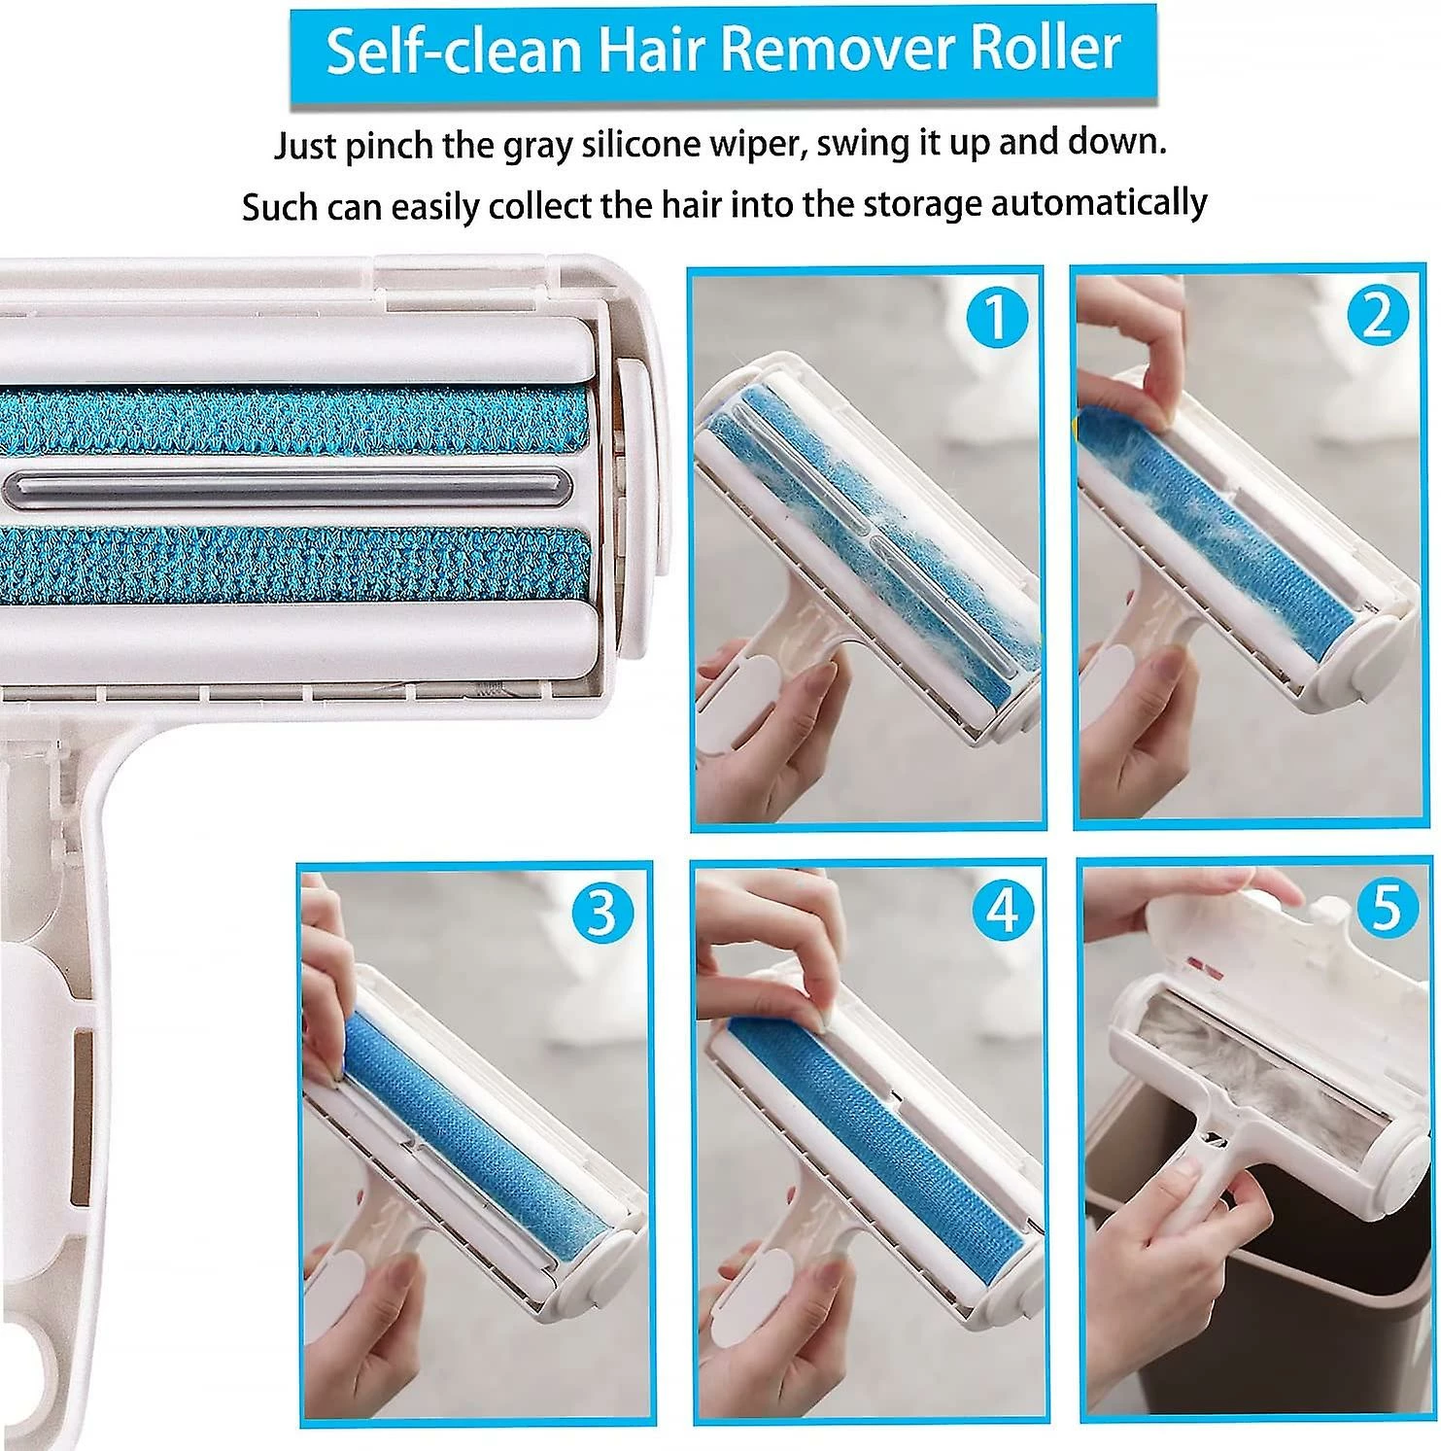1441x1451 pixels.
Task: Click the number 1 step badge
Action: pos(995,317)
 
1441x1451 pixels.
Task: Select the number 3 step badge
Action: pos(602,914)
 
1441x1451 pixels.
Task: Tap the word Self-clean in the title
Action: pos(453,51)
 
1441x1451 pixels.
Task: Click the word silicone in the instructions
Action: pos(647,145)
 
